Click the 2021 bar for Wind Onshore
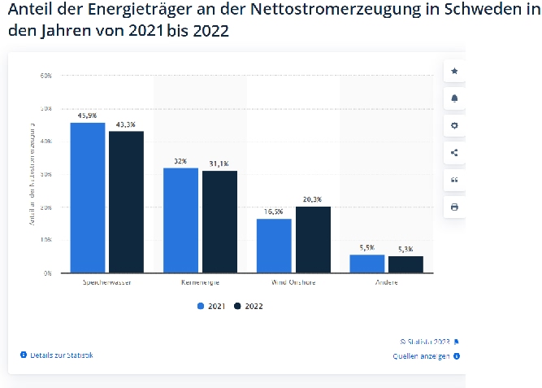pos(274,246)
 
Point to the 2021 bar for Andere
pos(366,264)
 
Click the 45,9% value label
pos(88,116)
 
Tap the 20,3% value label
pos(312,199)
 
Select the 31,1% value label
pos(219,163)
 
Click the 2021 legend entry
pos(212,306)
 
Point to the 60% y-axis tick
pos(46,75)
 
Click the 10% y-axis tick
pos(46,240)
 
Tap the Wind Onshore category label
pos(293,282)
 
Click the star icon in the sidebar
pos(454,72)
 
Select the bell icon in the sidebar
pos(454,98)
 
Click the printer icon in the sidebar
pos(454,207)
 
